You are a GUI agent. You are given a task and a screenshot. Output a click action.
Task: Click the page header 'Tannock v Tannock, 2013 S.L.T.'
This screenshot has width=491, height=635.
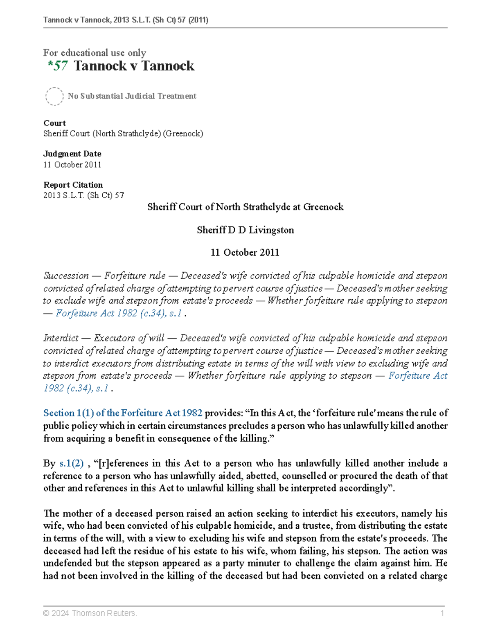(x=126, y=20)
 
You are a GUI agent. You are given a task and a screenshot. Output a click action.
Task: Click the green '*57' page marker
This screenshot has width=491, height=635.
(x=58, y=66)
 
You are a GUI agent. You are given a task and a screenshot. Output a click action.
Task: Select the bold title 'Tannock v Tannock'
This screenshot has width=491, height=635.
(x=134, y=66)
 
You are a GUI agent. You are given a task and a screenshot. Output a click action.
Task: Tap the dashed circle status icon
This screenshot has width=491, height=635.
(x=54, y=96)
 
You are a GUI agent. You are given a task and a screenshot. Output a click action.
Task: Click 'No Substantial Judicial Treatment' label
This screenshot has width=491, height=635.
(x=132, y=96)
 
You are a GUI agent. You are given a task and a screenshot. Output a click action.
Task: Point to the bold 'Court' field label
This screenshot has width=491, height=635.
(x=54, y=123)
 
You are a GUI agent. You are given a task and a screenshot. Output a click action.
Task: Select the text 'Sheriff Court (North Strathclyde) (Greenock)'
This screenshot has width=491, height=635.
(x=123, y=134)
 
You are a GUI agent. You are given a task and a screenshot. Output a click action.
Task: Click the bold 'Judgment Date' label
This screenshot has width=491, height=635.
(x=72, y=154)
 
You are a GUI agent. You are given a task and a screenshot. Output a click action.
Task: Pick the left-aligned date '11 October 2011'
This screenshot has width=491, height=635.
(x=72, y=164)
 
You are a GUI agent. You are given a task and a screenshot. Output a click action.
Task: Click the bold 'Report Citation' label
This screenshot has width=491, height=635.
(x=73, y=185)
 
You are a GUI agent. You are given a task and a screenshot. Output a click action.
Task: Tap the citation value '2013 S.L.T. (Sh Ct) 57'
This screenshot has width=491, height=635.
(x=83, y=195)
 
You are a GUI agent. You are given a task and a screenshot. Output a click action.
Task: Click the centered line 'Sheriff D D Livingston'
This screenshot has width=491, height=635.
(x=245, y=230)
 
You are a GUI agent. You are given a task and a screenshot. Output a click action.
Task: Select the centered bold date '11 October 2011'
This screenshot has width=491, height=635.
(x=245, y=253)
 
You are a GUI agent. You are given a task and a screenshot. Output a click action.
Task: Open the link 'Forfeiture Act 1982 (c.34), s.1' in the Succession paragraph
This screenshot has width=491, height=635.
(x=119, y=313)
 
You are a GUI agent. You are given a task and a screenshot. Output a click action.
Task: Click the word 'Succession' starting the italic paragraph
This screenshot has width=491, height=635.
(x=66, y=276)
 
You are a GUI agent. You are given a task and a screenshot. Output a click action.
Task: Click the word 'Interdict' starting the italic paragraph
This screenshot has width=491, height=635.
(x=61, y=338)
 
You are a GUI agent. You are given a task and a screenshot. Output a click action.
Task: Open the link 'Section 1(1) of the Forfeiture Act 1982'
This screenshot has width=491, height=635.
(x=123, y=413)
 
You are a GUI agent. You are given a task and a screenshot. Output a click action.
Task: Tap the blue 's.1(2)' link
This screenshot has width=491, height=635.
(x=72, y=463)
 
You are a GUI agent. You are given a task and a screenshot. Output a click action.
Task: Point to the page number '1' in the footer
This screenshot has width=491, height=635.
(x=442, y=613)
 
